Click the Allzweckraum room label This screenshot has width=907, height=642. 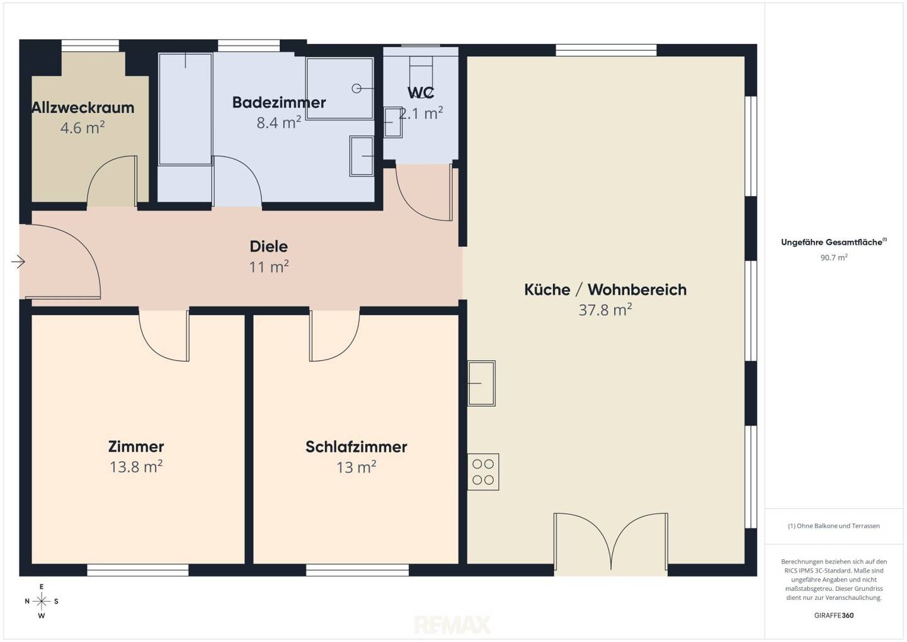(x=83, y=108)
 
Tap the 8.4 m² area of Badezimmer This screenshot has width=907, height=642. (x=278, y=122)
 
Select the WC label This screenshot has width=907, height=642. (x=421, y=93)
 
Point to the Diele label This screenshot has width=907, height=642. (x=269, y=247)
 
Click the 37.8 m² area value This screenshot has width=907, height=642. (x=605, y=310)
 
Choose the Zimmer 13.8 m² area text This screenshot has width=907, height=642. (x=136, y=467)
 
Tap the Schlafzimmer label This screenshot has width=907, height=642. (x=357, y=447)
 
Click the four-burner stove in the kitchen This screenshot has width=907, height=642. (x=483, y=472)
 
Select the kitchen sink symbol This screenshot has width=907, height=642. (x=481, y=383)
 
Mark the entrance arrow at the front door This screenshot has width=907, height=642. (x=18, y=262)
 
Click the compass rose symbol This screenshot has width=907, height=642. (x=42, y=601)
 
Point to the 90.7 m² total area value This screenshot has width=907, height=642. (x=834, y=257)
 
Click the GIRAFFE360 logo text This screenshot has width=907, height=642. (x=834, y=616)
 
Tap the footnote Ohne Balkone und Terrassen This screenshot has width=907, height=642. (x=834, y=526)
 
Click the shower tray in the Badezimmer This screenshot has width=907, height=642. (x=339, y=88)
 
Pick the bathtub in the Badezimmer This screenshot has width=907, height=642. (x=185, y=109)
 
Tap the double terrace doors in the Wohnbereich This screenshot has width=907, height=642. (x=610, y=543)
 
